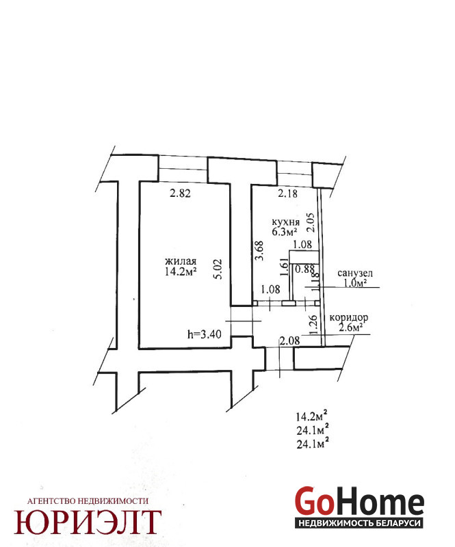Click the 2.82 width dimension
[x=180, y=194]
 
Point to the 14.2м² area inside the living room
[x=181, y=272]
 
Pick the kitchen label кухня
[x=285, y=222]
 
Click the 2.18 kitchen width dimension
[x=288, y=195]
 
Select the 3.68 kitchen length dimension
[x=259, y=250]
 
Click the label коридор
[x=349, y=318]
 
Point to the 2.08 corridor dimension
[x=289, y=340]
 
